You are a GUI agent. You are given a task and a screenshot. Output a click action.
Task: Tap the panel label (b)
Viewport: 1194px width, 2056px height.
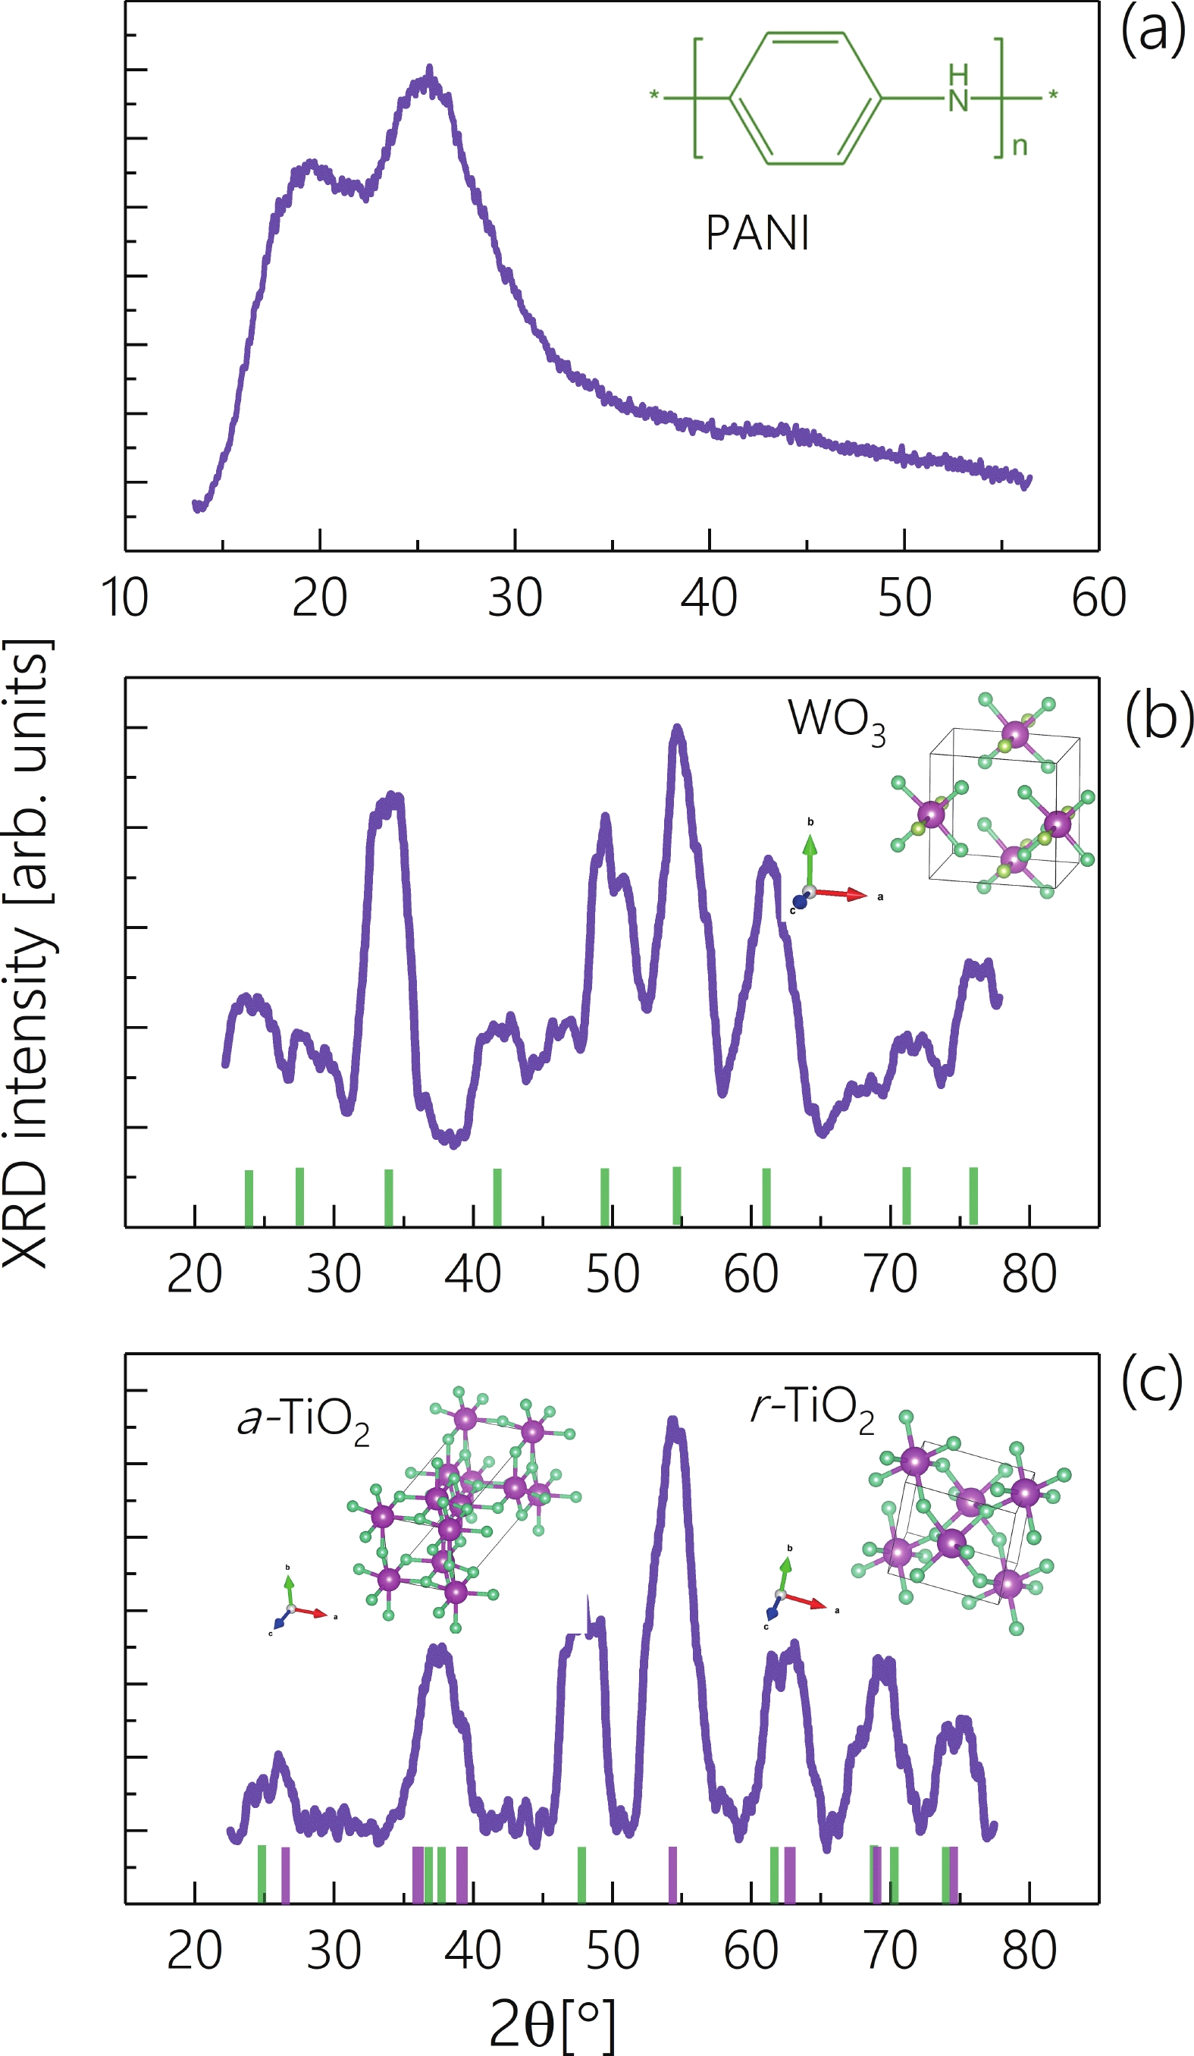point(1158,717)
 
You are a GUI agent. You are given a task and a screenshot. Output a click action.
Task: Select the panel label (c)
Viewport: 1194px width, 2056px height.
point(1152,1379)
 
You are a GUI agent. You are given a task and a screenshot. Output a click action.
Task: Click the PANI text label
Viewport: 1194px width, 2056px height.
point(757,234)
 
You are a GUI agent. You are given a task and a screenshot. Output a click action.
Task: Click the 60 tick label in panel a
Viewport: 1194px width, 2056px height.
point(1098,598)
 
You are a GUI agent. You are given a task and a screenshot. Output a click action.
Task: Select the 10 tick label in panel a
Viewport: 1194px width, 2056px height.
point(125,598)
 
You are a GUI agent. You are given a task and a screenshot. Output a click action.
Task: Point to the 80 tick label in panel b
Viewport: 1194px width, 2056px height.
point(1029,1274)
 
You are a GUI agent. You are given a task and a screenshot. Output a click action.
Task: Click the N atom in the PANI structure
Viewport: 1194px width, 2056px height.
point(958,99)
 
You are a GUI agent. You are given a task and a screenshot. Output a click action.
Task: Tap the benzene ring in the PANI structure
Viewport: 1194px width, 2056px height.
point(806,98)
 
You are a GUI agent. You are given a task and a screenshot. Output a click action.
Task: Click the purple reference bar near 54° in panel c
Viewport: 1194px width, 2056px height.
point(673,1873)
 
